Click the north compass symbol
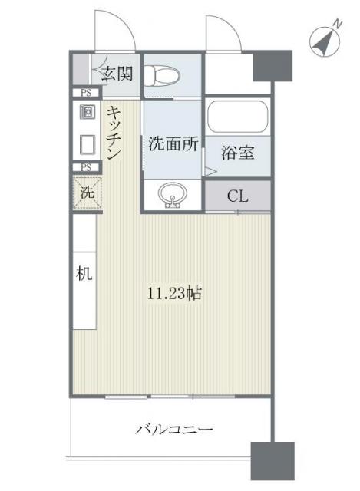tap(327, 41)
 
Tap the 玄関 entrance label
tap(119, 74)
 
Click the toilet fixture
tap(163, 75)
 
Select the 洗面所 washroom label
tap(173, 143)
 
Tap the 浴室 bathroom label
tap(237, 151)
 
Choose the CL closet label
tap(237, 196)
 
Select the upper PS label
tap(87, 93)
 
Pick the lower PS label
tap(87, 167)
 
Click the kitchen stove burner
tap(87, 112)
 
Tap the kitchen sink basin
tap(87, 144)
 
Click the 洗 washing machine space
tap(87, 192)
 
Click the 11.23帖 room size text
tap(175, 292)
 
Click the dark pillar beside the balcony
tap(272, 462)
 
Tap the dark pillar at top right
tap(272, 66)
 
